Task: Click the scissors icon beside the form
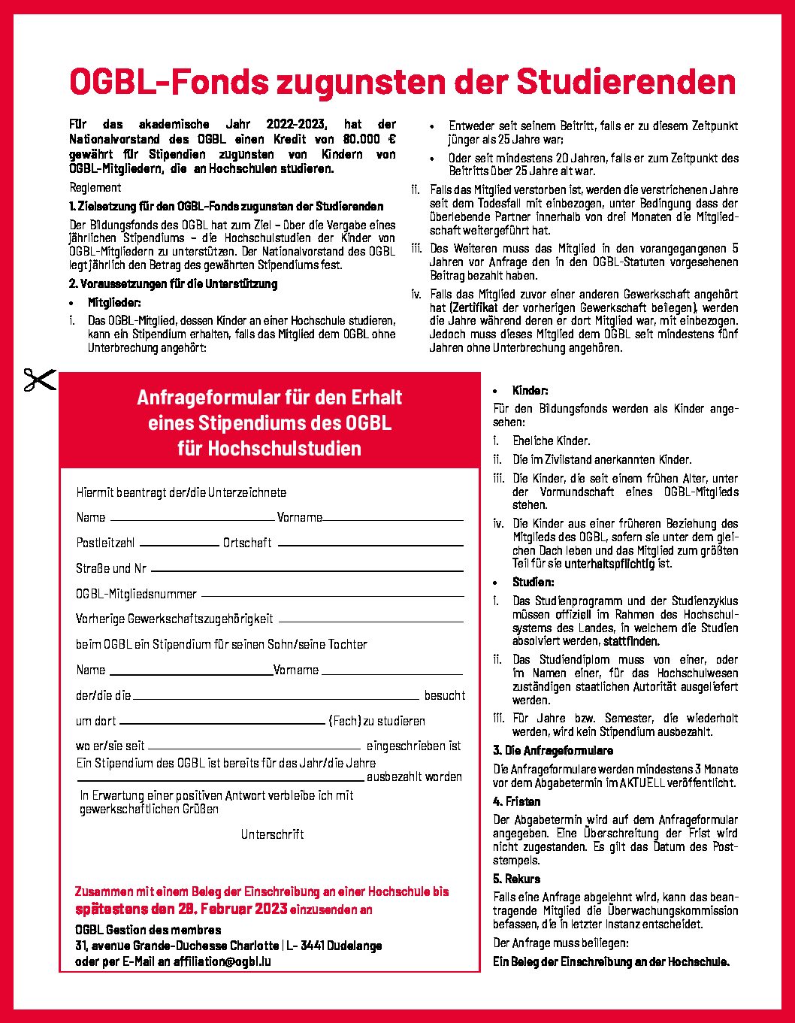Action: [40, 380]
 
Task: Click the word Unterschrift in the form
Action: [272, 834]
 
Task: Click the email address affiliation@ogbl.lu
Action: [222, 961]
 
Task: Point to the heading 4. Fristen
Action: [517, 802]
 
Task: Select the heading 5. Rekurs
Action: [517, 879]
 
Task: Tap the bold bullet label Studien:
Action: [534, 583]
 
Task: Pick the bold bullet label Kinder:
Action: [531, 391]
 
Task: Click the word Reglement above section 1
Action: [95, 188]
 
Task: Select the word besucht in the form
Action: [444, 696]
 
